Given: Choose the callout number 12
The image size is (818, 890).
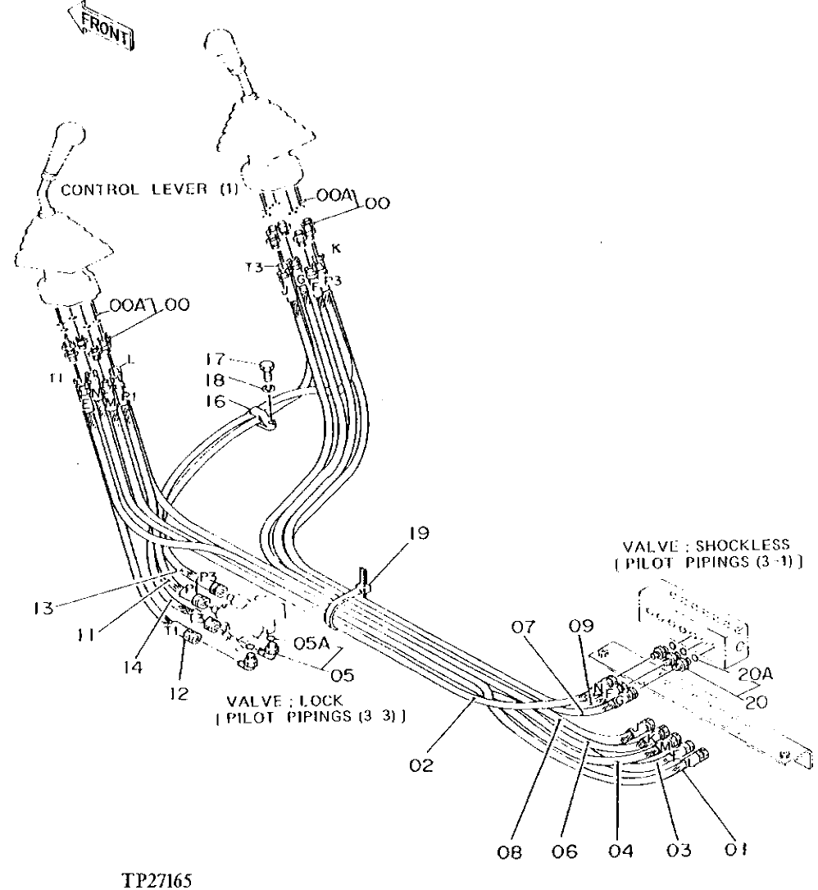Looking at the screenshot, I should coord(179,693).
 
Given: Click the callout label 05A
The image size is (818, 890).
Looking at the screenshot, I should coord(309,645).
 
